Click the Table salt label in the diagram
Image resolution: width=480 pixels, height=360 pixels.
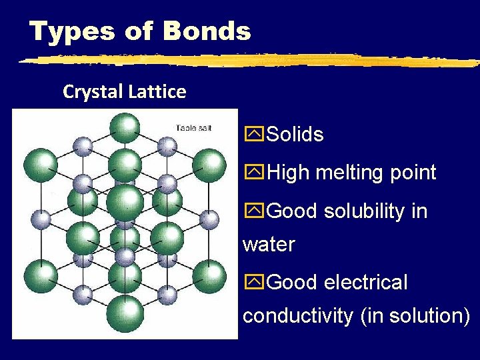(x=193, y=127)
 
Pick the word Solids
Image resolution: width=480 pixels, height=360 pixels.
(x=295, y=135)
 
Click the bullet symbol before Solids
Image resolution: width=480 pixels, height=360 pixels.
(x=254, y=135)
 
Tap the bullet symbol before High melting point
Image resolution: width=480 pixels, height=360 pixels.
(x=254, y=173)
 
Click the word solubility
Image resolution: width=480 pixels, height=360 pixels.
(x=366, y=211)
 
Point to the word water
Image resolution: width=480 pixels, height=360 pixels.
(x=269, y=245)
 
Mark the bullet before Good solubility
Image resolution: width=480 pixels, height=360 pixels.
(x=254, y=211)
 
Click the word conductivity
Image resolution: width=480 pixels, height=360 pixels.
(x=297, y=315)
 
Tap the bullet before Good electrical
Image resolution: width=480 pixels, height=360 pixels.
(x=254, y=282)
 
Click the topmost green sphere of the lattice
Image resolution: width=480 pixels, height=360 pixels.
(x=124, y=126)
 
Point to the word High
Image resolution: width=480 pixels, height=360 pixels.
(x=288, y=173)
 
